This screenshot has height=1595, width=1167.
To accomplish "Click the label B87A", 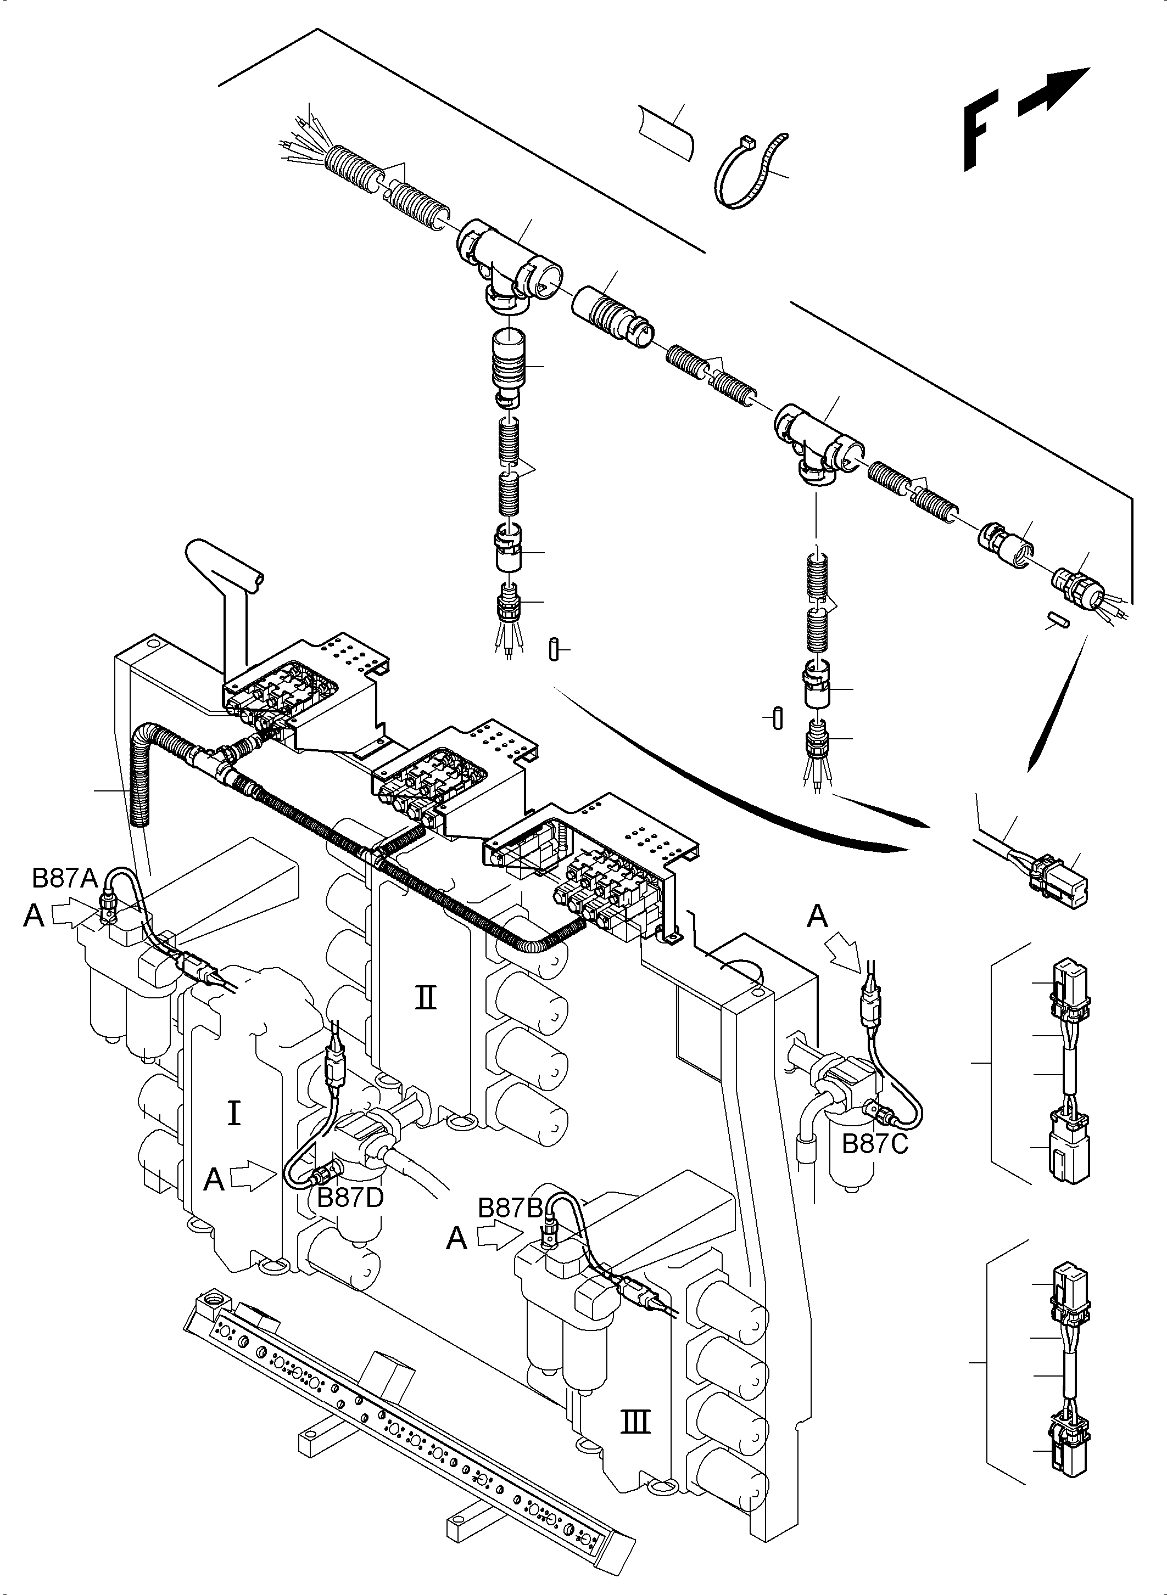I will pyautogui.click(x=64, y=878).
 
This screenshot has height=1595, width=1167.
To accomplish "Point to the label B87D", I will pyautogui.click(x=350, y=1198).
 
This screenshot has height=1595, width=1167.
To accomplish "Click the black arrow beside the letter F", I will pyautogui.click(x=1054, y=92).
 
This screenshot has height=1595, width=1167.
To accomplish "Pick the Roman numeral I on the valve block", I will pyautogui.click(x=234, y=1114).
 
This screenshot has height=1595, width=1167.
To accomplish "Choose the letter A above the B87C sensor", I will pyautogui.click(x=817, y=917).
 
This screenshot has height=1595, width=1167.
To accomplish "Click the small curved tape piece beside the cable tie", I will pyautogui.click(x=666, y=133).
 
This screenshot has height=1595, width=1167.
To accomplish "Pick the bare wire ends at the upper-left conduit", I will pyautogui.click(x=303, y=138).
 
